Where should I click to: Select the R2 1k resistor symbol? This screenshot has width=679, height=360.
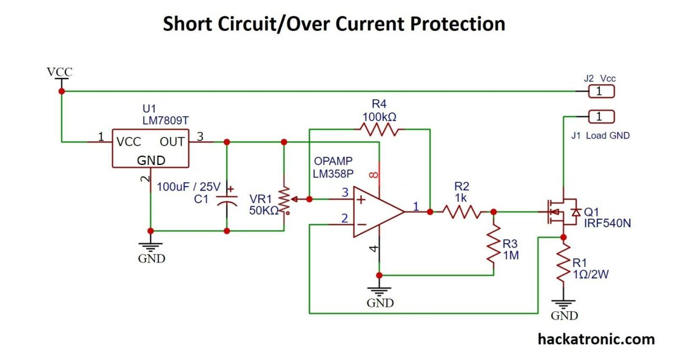pos(461,211)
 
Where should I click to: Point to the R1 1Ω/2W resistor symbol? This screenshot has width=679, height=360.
pos(563,266)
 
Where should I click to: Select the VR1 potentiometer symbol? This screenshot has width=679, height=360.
pos(285,201)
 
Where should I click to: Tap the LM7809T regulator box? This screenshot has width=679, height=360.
pos(150,148)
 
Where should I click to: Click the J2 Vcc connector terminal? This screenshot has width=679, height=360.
pos(600,91)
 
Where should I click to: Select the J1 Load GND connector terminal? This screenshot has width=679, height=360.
pos(600,117)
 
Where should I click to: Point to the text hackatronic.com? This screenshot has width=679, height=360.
pos(596,339)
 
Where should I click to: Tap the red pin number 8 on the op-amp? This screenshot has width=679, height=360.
pos(374,176)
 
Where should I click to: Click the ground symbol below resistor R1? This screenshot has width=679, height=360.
pos(563,303)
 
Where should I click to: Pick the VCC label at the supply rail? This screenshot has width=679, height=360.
pos(59,72)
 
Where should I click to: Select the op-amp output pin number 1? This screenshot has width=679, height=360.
pos(416,206)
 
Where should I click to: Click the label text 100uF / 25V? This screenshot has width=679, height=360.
pos(189,187)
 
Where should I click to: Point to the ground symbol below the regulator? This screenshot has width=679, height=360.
pos(151,247)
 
